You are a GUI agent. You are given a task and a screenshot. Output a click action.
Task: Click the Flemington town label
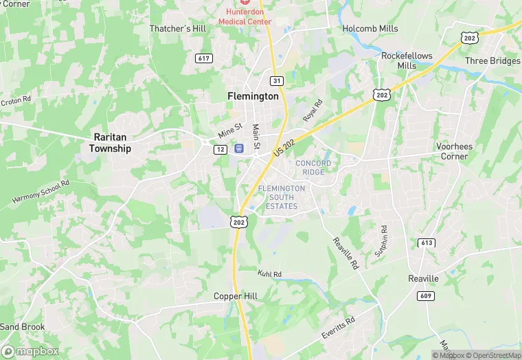click(253, 96)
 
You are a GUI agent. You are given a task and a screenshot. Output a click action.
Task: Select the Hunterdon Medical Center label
click(245, 16)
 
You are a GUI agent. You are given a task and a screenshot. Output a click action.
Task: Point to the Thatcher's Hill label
click(178, 28)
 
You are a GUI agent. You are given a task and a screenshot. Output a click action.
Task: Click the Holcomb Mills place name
click(370, 28)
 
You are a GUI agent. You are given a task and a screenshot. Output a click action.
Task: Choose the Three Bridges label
click(492, 60)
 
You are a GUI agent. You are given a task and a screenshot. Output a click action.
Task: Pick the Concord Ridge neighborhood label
click(313, 167)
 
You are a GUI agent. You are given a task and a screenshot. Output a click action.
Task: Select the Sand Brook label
click(23, 326)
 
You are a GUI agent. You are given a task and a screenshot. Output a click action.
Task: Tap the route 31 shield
click(277, 80)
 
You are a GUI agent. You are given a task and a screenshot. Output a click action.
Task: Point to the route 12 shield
click(220, 149)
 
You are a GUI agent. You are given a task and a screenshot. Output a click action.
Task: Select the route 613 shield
click(426, 242)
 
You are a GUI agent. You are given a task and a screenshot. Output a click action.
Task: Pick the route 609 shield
click(423, 295)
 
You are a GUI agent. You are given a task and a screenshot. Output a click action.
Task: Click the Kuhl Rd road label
click(269, 273)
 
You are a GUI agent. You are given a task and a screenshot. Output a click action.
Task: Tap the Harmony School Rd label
click(41, 192)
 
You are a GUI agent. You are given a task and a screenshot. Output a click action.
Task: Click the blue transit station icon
click(239, 148)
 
